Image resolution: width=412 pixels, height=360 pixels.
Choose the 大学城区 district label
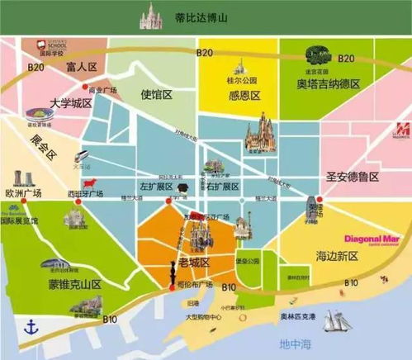(68, 104)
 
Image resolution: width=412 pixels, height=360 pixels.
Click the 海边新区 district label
(335, 257)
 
